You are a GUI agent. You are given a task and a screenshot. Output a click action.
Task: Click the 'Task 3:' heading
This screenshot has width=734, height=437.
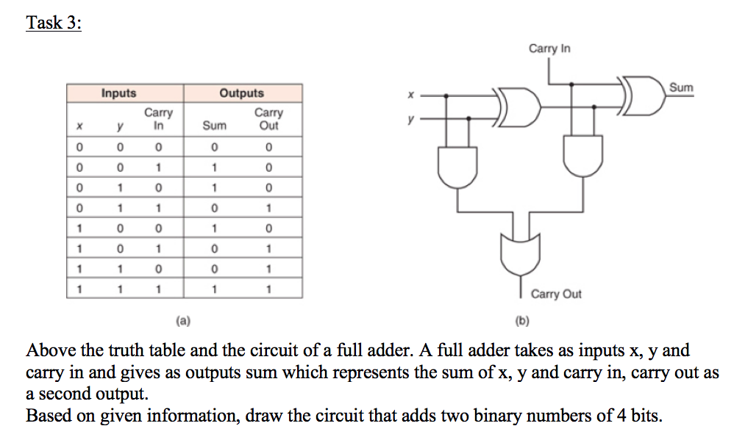pos(54,22)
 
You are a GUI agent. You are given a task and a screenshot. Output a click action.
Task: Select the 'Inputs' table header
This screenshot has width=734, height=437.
pos(118,93)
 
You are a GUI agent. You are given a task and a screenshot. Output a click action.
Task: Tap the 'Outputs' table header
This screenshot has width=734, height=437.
pos(241,93)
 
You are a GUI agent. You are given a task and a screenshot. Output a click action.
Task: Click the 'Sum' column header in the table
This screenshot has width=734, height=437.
pos(214,126)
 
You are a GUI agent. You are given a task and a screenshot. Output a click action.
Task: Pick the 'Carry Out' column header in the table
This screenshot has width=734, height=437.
pos(268,119)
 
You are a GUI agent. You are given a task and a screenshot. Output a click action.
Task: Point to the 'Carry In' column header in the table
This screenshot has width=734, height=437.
pos(158,119)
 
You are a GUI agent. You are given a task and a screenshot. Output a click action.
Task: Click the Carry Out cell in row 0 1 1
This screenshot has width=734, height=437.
pos(268,208)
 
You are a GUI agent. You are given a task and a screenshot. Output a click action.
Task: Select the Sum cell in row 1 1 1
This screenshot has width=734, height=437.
pos(214,289)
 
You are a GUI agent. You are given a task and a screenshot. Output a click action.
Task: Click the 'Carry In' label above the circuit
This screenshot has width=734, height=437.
pos(549,48)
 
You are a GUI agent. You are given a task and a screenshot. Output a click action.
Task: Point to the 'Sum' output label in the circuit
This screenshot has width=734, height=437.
pos(681,88)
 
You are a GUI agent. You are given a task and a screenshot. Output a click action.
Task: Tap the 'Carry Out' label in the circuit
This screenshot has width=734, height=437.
pos(556,294)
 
